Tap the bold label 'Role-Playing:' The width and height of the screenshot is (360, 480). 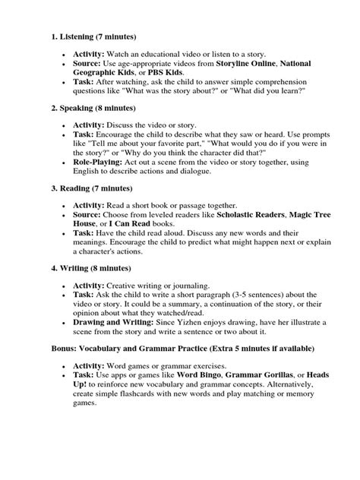click(98, 162)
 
